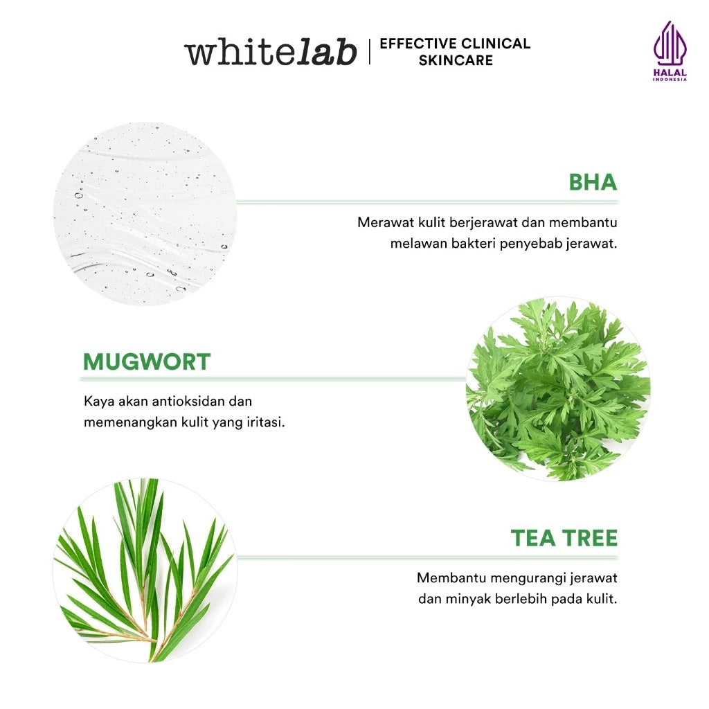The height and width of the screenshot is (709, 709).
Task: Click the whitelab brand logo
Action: [270, 53]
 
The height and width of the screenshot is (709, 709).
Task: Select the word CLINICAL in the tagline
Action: [495, 44]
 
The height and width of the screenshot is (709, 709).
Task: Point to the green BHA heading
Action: [592, 183]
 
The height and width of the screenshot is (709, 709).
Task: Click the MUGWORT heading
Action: [147, 361]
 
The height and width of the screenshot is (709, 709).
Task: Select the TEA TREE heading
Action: [564, 538]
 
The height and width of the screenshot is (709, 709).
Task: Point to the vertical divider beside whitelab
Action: [369, 52]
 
